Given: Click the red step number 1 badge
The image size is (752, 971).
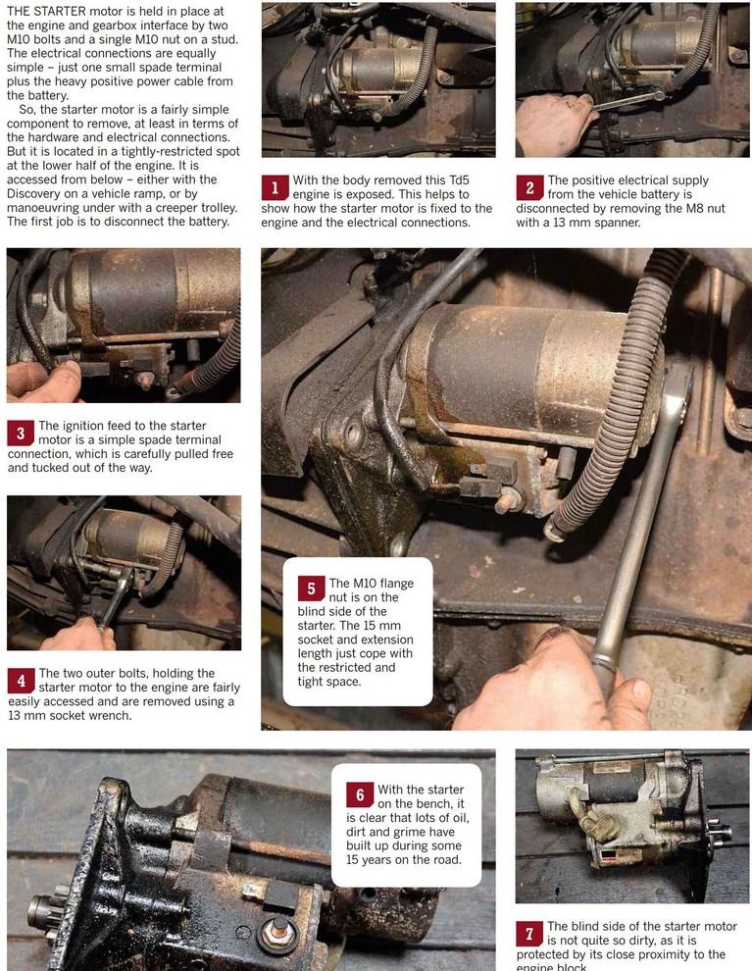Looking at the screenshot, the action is tap(275, 188).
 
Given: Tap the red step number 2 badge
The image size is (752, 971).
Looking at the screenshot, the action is tap(529, 188).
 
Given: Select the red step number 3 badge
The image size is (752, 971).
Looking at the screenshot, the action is tap(21, 434).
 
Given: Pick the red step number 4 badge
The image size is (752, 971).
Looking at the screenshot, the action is tap(21, 682).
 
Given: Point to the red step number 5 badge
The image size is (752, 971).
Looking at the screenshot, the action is tap(312, 588).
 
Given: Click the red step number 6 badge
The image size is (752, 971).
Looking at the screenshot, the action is tap(360, 793).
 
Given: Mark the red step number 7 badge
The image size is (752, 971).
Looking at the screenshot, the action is tap(529, 933).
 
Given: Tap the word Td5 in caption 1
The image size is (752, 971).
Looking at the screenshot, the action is tap(458, 180).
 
